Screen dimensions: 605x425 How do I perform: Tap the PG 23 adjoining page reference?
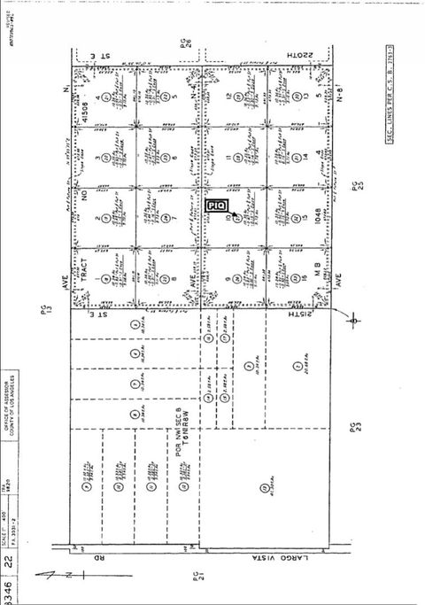[356, 430]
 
